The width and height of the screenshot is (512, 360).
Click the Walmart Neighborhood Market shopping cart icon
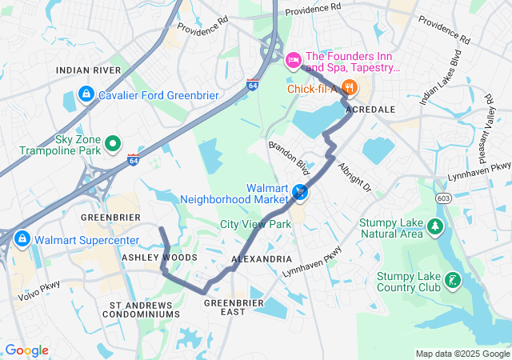pyautogui.click(x=300, y=192)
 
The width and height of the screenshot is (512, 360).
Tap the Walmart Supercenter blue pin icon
pyautogui.click(x=22, y=238)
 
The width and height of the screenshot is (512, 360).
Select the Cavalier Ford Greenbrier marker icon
pyautogui.click(x=84, y=94)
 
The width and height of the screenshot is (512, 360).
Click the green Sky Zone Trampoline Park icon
pyautogui.click(x=113, y=144)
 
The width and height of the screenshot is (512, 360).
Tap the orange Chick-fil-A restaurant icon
pyautogui.click(x=348, y=88)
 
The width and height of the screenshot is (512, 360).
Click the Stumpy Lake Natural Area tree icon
pyautogui.click(x=435, y=227)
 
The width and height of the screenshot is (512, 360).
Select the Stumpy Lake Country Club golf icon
pyautogui.click(x=454, y=281)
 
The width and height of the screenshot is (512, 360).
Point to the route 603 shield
pyautogui.click(x=442, y=197)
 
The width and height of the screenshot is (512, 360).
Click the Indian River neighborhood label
pyautogui.click(x=88, y=70)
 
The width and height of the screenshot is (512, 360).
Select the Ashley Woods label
pyautogui.click(x=158, y=258)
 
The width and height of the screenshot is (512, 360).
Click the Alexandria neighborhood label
pyautogui.click(x=262, y=260)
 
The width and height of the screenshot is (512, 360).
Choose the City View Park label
pyautogui.click(x=255, y=224)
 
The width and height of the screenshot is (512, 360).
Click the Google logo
pyautogui.click(x=26, y=350)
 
